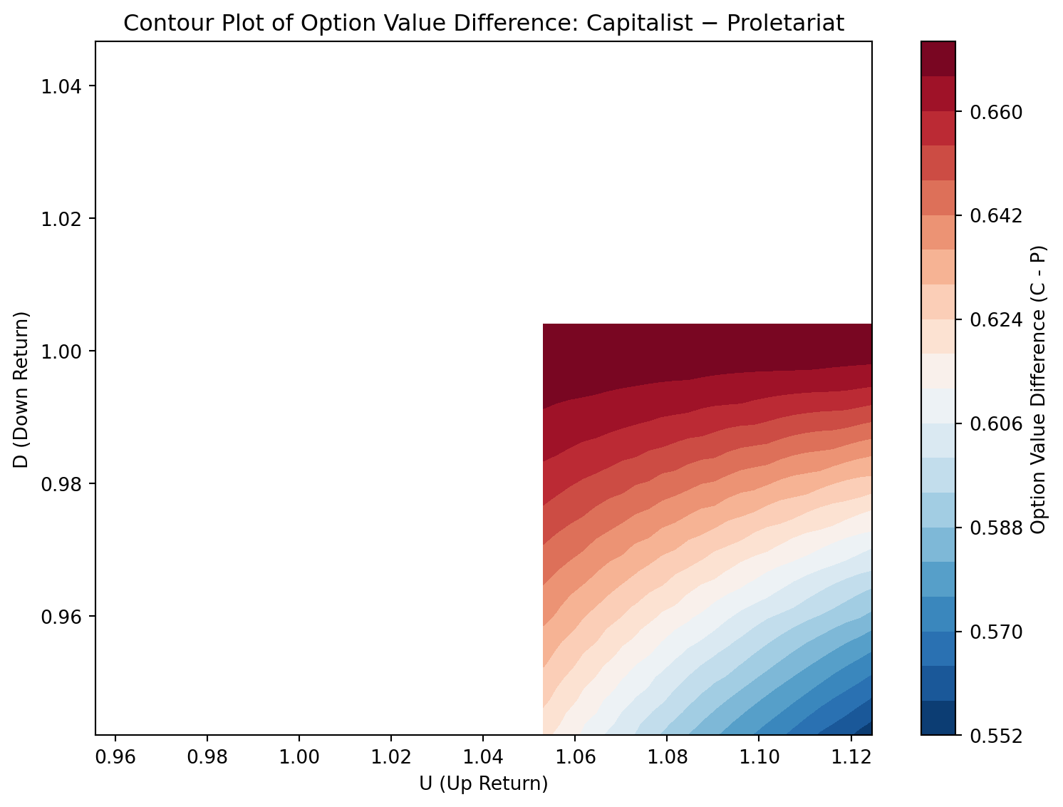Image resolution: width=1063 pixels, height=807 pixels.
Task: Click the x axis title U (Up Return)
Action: pyautogui.click(x=484, y=783)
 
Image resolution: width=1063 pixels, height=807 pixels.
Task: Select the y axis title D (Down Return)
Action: pyautogui.click(x=22, y=389)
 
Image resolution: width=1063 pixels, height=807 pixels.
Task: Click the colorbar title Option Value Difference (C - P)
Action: pyautogui.click(x=1038, y=389)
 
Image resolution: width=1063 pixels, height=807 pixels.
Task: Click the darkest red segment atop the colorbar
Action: pyautogui.click(x=938, y=58)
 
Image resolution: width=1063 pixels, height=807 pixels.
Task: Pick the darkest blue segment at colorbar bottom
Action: pyautogui.click(x=938, y=718)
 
